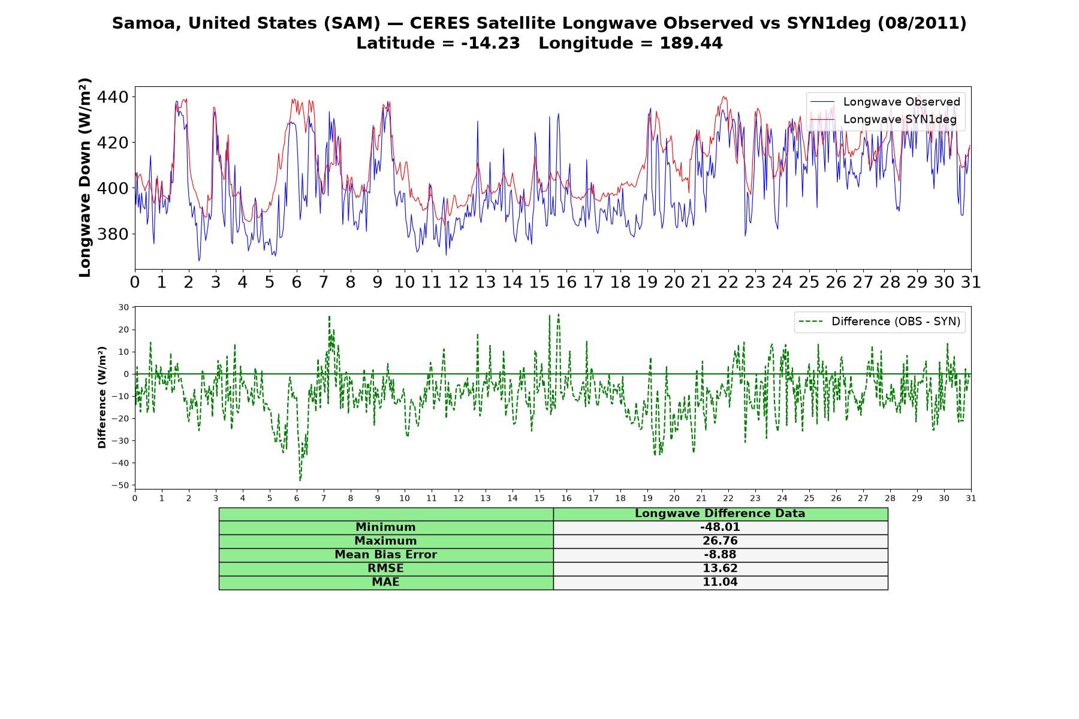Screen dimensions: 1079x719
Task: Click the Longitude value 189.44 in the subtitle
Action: coord(691,43)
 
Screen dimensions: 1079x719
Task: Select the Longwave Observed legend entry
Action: coord(885,102)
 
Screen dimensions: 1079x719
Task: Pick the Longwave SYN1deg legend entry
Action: coord(884,119)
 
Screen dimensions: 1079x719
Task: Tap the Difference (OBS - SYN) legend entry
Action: coord(880,322)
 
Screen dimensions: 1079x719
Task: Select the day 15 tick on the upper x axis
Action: coord(539,282)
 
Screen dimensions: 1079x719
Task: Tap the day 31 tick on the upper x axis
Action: coord(971,282)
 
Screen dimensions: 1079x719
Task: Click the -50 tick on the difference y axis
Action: coord(122,485)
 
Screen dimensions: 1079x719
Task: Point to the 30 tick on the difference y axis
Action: coord(124,307)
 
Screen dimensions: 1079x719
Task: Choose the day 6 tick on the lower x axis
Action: coord(297,498)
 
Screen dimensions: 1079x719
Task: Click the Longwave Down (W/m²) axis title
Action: coord(85,177)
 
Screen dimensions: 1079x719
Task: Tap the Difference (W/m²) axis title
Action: coord(102,397)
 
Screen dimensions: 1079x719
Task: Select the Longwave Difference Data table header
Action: coord(720,513)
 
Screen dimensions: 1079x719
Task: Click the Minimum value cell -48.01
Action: coord(720,527)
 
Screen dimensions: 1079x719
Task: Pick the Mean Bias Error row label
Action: coord(385,555)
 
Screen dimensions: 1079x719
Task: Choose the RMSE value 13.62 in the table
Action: coord(720,569)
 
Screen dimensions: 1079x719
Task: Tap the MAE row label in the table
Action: coord(385,582)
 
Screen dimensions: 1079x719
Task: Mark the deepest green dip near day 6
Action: coord(300,480)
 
